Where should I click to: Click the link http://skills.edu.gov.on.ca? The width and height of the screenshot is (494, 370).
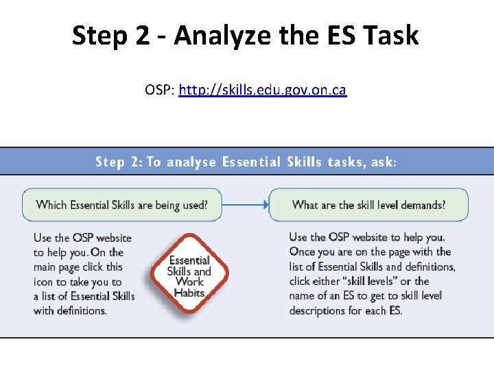coord(262,90)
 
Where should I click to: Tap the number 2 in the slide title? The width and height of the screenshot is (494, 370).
coord(142,36)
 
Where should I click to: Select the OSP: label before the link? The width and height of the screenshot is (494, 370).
coord(160,90)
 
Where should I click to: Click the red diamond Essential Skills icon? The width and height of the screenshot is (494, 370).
coord(189,275)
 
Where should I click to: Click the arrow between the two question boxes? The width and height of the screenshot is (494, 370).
coord(246,203)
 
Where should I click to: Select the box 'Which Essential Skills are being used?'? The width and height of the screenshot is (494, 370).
coord(121,204)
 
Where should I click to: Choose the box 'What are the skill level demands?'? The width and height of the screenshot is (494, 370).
coord(368,204)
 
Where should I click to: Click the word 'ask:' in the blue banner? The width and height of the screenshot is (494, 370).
coord(381,162)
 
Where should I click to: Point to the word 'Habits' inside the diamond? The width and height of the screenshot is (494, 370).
coord(189,293)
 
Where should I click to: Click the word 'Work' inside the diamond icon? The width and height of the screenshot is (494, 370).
coord(189,282)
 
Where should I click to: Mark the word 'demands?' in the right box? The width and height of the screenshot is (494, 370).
coord(422,204)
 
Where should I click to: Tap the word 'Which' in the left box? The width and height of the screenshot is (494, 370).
coord(51,204)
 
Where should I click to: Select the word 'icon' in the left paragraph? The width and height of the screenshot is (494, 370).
coord(45,282)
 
